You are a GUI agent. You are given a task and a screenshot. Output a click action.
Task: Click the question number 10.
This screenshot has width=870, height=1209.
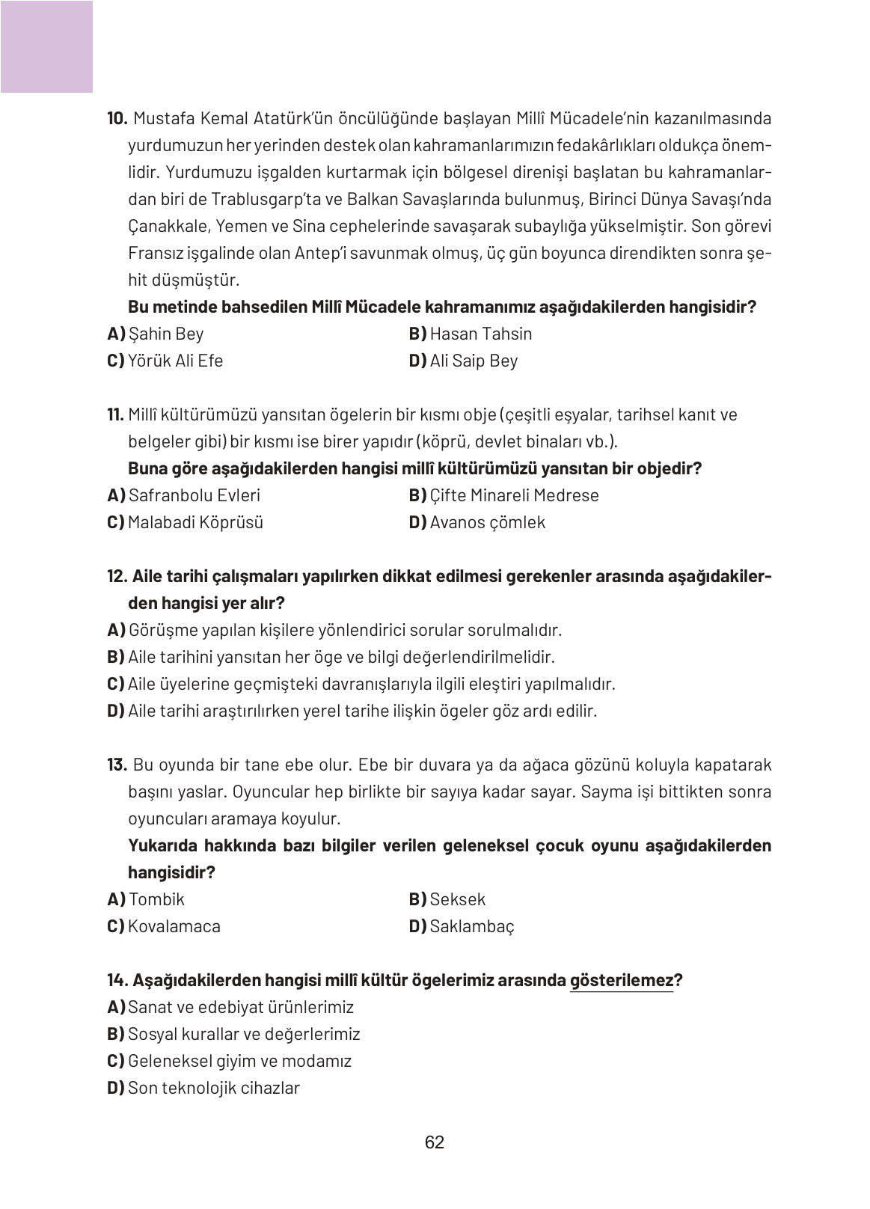pos(118,119)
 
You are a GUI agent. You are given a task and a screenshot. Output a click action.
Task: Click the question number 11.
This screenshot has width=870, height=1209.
pos(116,414)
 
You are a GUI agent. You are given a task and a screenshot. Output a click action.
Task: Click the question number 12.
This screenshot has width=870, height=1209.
pos(118,576)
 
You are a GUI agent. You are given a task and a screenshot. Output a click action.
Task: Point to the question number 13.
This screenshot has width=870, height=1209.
pos(118,765)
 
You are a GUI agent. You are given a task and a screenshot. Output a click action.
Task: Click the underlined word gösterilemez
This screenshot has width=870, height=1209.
pos(622,980)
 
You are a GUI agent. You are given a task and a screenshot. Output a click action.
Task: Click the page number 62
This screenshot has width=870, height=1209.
pos(435,1142)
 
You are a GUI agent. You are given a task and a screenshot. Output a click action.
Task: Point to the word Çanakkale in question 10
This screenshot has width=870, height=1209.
pos(162,227)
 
